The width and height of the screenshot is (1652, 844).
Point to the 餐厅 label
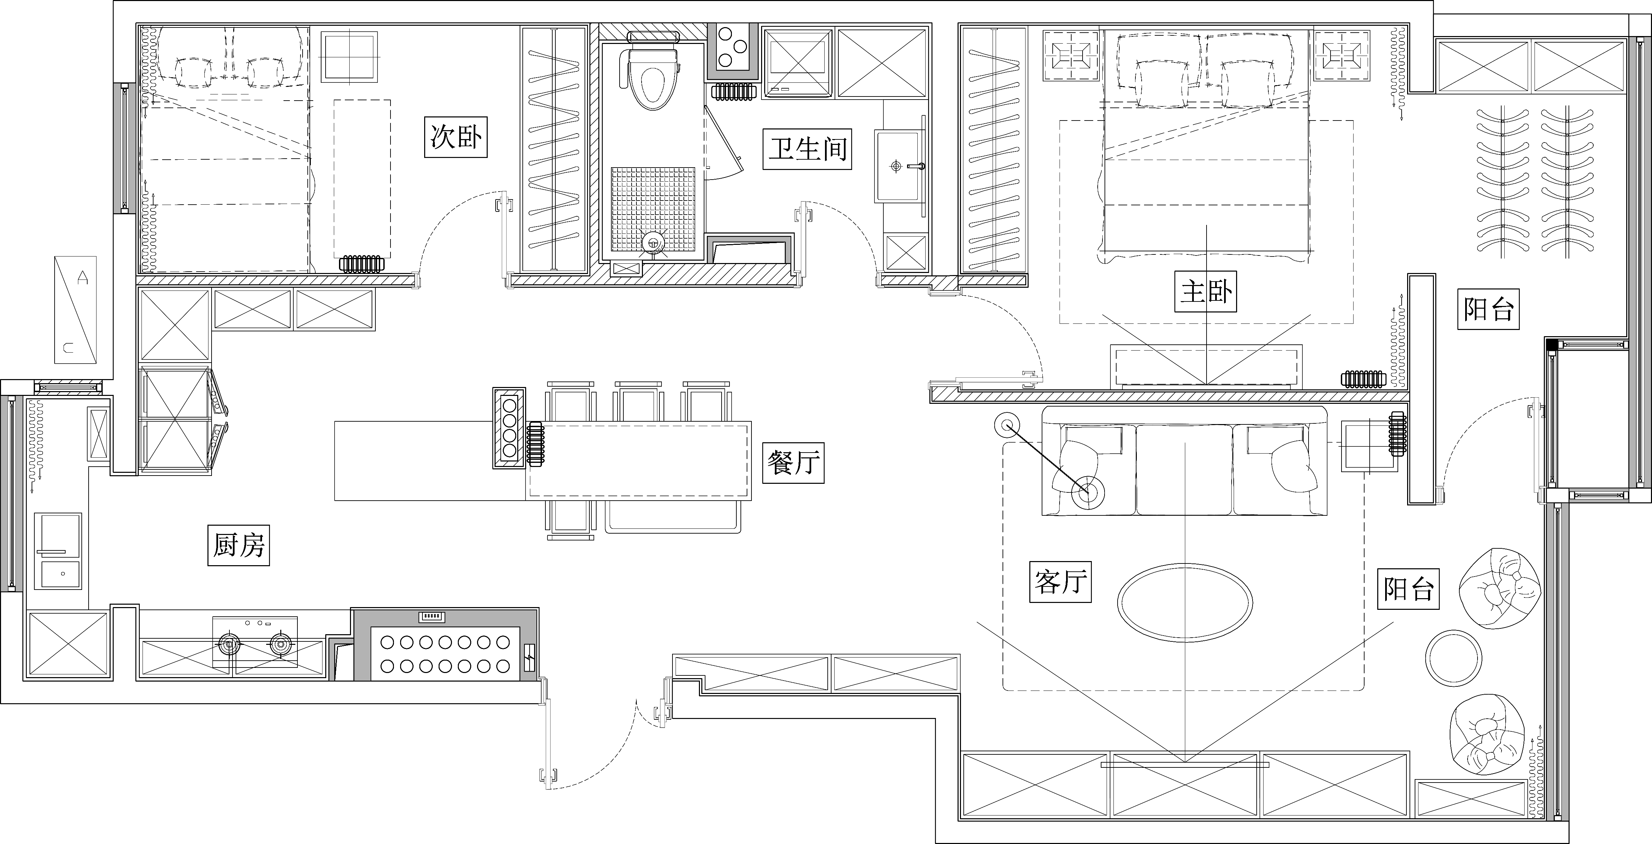793,463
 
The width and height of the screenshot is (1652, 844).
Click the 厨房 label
239,545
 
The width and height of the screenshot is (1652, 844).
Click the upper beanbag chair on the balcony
1500,588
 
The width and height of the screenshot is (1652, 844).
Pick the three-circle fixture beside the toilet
732,46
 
